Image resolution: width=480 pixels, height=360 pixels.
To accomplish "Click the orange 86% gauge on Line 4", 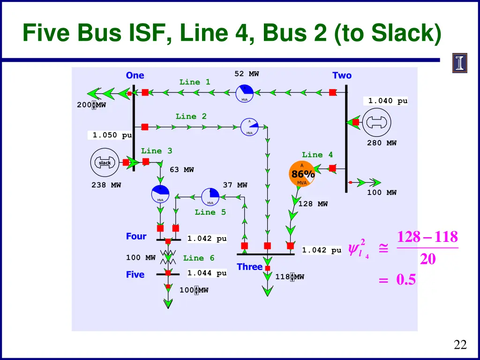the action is (302, 174).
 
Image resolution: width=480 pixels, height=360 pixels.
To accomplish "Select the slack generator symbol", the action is (105, 163).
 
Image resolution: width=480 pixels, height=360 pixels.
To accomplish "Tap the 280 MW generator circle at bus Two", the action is (377, 122).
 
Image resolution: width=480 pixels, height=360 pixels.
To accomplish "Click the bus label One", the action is (135, 75).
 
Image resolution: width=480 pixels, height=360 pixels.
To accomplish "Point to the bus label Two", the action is (342, 75).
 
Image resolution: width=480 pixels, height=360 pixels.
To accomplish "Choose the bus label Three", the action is (249, 267).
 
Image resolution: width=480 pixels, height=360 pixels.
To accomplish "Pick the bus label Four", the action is (136, 236).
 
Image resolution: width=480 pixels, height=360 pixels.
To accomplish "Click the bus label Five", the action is (135, 275).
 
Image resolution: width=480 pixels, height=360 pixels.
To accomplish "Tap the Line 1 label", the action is (195, 82).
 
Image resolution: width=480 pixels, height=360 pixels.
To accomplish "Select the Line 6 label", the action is (199, 258).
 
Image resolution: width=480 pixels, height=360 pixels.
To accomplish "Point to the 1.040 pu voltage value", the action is (388, 101).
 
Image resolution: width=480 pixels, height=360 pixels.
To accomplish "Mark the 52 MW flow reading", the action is (247, 74).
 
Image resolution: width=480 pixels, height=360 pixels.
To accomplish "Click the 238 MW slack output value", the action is (106, 185).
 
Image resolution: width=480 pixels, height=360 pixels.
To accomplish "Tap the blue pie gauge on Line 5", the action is (210, 197).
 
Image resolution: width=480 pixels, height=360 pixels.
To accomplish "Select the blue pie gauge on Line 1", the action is (244, 93).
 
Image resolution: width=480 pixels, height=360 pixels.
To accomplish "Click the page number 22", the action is (460, 345).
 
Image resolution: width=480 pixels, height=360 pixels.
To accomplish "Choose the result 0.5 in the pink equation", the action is (406, 279).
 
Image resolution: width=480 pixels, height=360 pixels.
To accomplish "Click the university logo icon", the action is (460, 63).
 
